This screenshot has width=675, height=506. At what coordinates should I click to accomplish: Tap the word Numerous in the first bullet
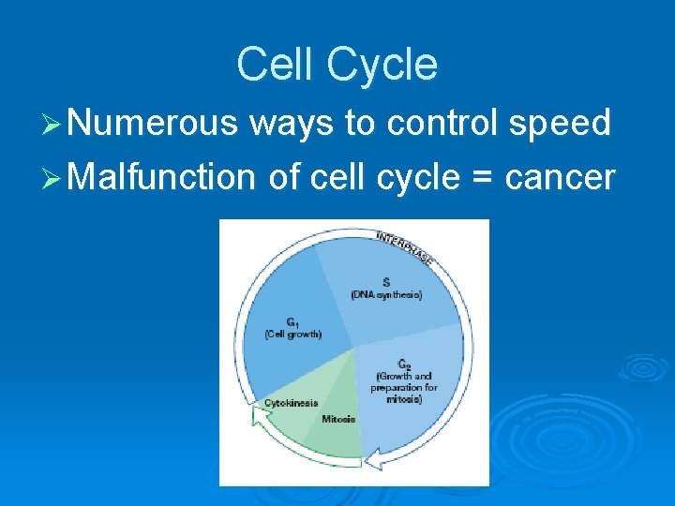pyautogui.click(x=154, y=122)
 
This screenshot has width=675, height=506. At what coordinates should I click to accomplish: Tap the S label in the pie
pyautogui.click(x=386, y=282)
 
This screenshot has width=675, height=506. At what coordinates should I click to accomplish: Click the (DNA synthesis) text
pyautogui.click(x=386, y=294)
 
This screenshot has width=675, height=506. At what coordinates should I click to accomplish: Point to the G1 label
pyautogui.click(x=292, y=321)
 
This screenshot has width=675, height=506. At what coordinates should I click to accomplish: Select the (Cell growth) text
pyautogui.click(x=292, y=334)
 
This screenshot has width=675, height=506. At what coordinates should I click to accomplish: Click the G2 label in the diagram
pyautogui.click(x=404, y=364)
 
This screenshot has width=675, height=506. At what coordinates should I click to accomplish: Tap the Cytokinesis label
pyautogui.click(x=291, y=403)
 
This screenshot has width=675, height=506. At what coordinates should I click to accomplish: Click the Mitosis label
pyautogui.click(x=338, y=419)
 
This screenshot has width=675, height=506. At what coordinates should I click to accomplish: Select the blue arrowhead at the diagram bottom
pyautogui.click(x=373, y=459)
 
